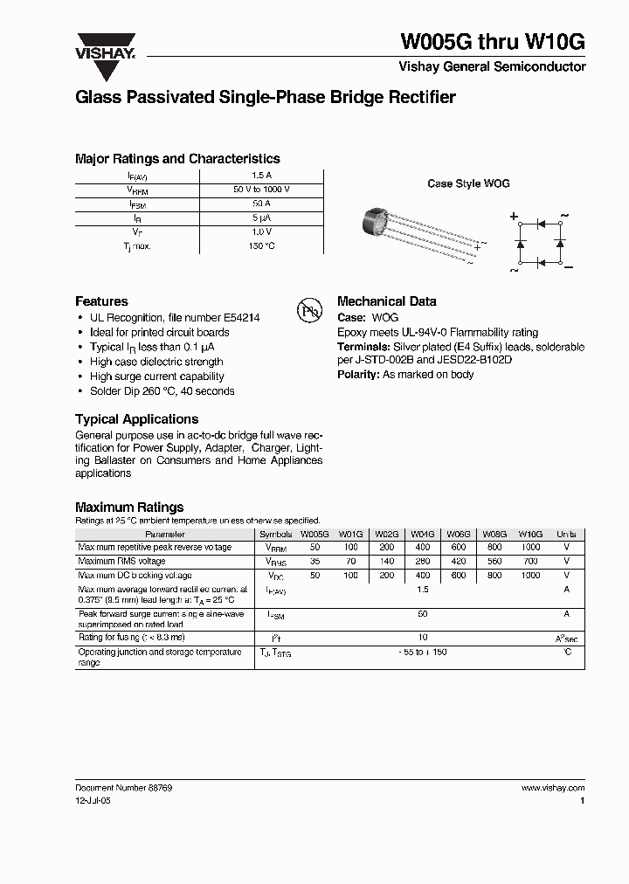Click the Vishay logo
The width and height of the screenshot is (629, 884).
point(104,46)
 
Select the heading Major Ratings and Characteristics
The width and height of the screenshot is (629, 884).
point(177,159)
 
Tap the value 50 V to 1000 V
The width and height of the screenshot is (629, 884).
point(261,190)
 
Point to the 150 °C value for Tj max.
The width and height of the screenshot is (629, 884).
point(261,246)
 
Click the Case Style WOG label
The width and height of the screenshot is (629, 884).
point(468,183)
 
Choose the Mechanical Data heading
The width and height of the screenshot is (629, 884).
point(386,301)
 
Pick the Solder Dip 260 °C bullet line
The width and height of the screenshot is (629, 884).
point(162,392)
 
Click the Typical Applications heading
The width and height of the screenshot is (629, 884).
point(136,419)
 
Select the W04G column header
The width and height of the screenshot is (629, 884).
point(423,534)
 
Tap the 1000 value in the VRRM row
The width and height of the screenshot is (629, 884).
point(530,548)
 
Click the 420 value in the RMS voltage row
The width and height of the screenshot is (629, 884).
point(459,562)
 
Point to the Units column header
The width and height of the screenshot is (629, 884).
point(566,534)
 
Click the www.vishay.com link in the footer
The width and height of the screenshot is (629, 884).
point(552,788)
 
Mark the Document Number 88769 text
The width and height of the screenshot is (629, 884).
point(123,788)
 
